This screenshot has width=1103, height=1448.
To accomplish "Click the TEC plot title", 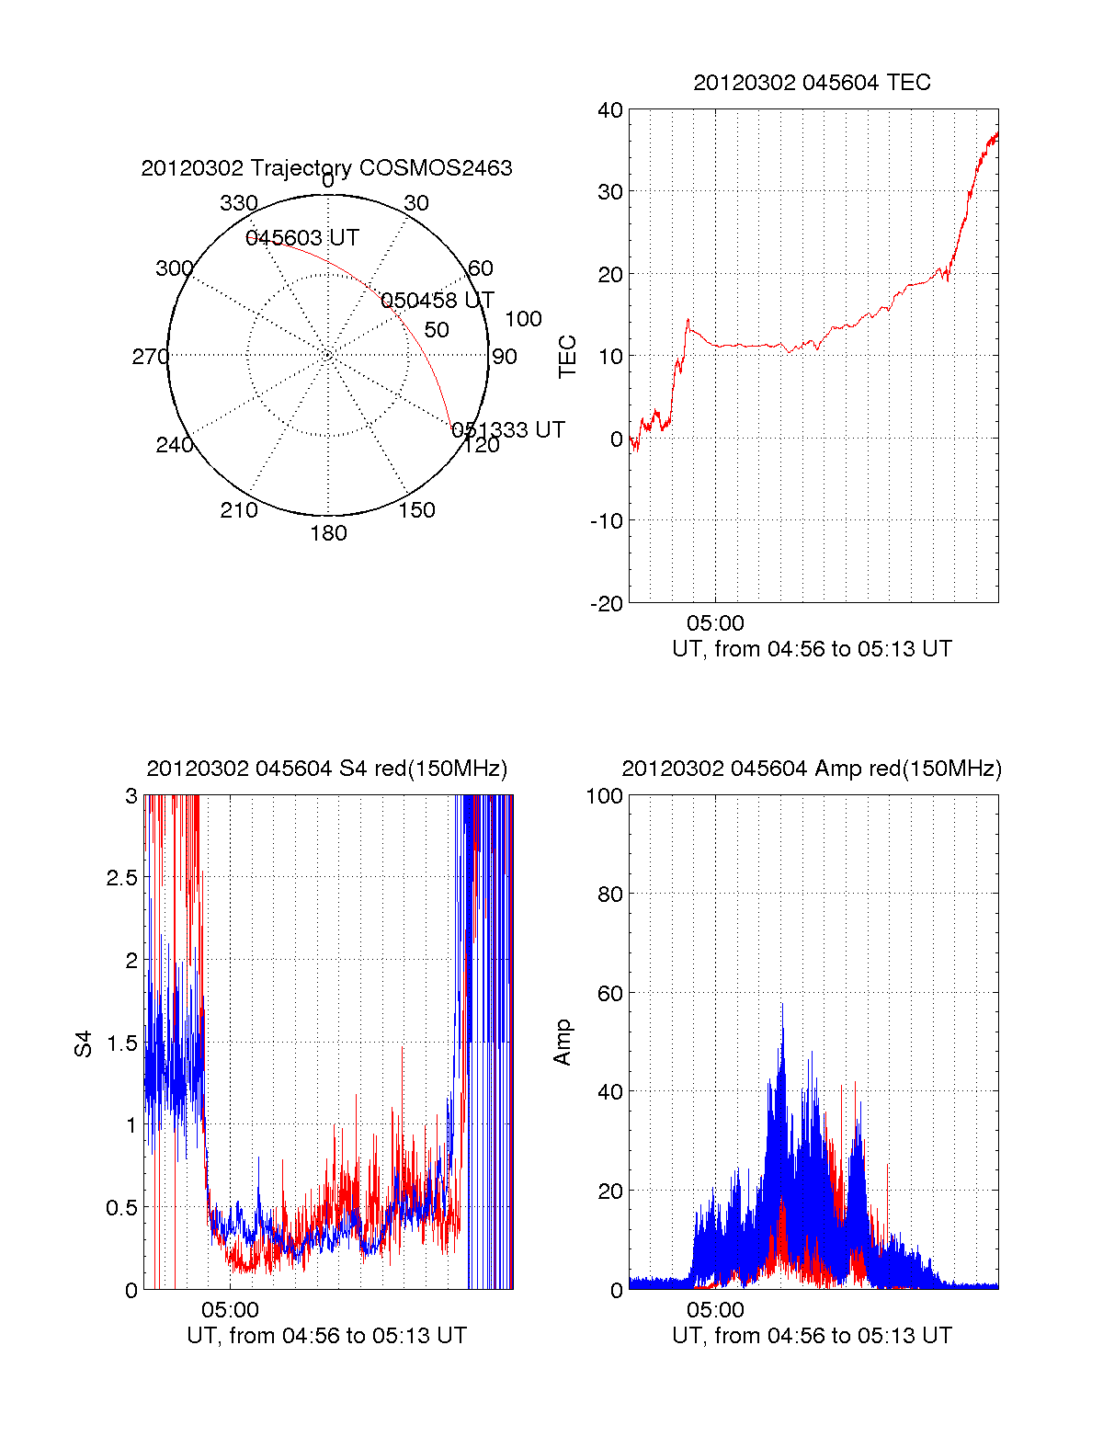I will [x=812, y=83].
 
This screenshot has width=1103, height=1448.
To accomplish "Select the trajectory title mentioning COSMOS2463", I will [x=326, y=168].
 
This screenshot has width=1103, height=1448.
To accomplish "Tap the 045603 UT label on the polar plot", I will [x=302, y=238].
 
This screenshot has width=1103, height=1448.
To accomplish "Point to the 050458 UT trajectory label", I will [x=438, y=301].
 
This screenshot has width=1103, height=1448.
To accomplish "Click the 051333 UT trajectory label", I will [x=508, y=430].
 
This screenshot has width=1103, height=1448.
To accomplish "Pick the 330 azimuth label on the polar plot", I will [x=239, y=203].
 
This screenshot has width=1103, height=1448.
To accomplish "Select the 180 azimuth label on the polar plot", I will [x=328, y=533].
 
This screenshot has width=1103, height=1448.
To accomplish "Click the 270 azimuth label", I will [x=151, y=357].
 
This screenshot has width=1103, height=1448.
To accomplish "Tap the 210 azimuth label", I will [x=239, y=510].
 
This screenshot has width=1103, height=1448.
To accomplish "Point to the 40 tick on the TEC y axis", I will [x=610, y=110].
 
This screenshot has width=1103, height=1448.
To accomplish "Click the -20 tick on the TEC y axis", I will [x=606, y=603].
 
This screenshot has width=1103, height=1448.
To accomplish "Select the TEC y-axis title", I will [x=568, y=357].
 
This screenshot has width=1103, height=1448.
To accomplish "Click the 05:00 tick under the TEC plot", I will [x=715, y=624].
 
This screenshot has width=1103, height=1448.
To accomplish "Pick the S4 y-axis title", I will [x=84, y=1043].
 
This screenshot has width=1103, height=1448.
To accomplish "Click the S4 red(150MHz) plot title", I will [x=326, y=769].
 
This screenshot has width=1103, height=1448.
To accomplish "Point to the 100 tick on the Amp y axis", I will [x=605, y=796].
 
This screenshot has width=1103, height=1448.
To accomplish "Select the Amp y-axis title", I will [x=563, y=1043].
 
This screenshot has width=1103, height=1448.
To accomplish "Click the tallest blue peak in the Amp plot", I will [x=783, y=1004].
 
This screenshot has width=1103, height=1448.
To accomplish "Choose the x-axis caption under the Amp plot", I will [x=812, y=1336].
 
